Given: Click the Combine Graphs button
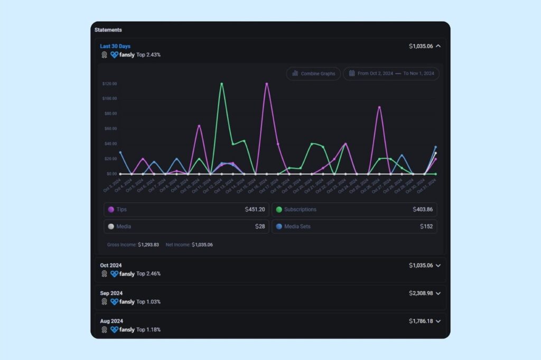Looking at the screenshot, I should tap(313, 74).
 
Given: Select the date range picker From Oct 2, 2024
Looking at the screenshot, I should tap(391, 74).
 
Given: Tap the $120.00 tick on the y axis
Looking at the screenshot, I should tap(109, 84).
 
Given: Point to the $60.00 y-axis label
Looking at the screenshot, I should tap(110, 129).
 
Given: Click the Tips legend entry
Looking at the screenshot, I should tap(121, 210).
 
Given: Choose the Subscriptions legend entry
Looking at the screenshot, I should tap(300, 210).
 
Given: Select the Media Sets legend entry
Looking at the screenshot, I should tap(297, 226).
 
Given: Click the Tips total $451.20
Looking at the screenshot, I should tap(256, 210).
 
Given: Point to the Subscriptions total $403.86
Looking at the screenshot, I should tap(423, 210).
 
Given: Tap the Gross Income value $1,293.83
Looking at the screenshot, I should tap(148, 245).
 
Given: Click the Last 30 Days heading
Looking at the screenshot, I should tap(115, 46).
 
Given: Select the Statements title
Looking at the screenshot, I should tap(108, 30).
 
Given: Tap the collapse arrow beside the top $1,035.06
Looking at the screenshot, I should tap(438, 46).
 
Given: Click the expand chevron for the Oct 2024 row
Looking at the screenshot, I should tap(438, 266).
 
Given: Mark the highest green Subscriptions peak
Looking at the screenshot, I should tap(221, 84).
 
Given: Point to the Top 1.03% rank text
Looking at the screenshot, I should tap(148, 302).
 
